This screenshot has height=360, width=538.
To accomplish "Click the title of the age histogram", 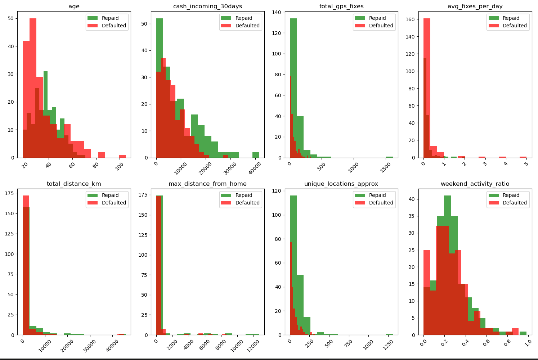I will [x=74, y=6].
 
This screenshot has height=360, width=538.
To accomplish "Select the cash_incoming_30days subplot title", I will [x=207, y=6].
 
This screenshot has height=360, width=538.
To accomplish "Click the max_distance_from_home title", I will [x=207, y=184].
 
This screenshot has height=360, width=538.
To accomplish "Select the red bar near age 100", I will [x=122, y=156].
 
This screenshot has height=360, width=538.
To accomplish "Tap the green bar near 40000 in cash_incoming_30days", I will [x=256, y=155].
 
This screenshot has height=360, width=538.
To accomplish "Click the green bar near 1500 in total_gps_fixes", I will [x=389, y=157].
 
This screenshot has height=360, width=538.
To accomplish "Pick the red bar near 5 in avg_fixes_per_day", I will [x=523, y=157].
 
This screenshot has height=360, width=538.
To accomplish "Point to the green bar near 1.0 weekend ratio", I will [x=523, y=333].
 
